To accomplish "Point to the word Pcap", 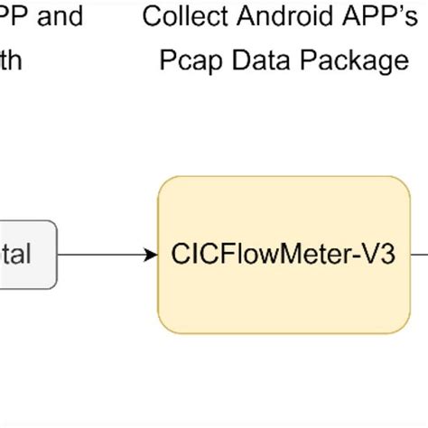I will (x=187, y=61).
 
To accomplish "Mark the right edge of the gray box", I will (x=57, y=255).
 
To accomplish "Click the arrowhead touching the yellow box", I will (x=151, y=255).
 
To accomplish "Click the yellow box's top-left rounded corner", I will (x=164, y=183).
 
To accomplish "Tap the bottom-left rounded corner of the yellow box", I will (x=164, y=326).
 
